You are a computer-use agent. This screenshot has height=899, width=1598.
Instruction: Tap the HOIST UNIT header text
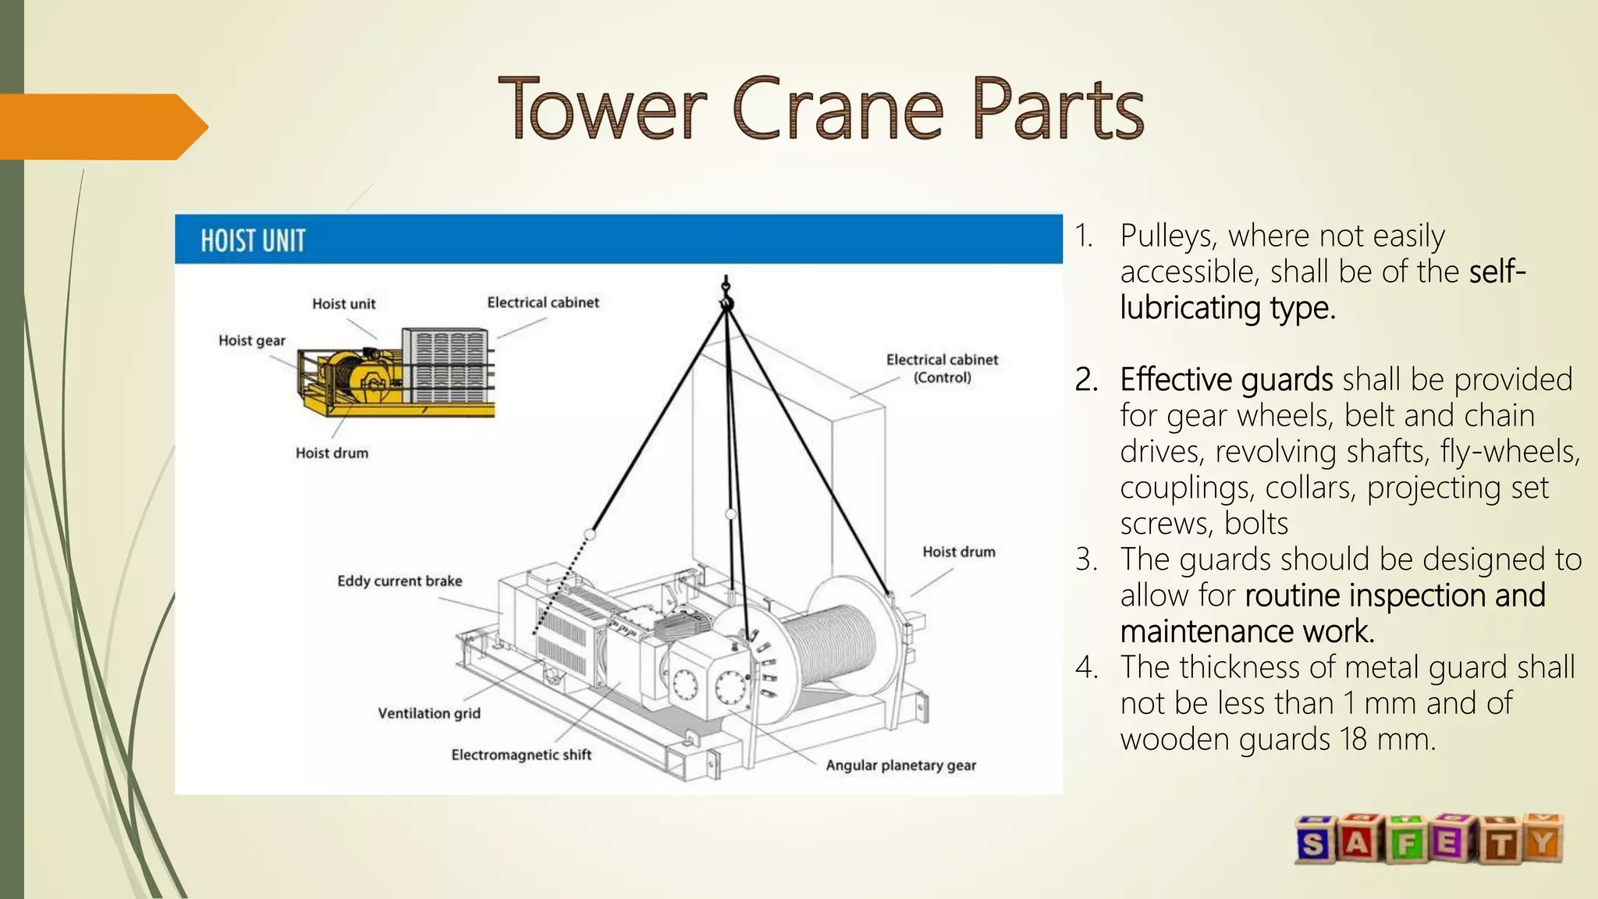click(253, 241)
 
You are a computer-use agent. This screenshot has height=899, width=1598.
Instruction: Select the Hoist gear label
click(251, 340)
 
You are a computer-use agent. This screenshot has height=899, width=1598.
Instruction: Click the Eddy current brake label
click(399, 581)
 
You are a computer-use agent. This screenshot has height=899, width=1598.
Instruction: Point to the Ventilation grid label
click(429, 713)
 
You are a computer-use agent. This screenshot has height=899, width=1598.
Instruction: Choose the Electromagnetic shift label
click(521, 755)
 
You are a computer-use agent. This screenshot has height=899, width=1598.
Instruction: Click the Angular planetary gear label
click(900, 766)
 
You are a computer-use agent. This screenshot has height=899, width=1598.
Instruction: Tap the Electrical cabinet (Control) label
click(942, 368)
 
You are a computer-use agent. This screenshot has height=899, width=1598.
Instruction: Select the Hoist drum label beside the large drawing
click(959, 552)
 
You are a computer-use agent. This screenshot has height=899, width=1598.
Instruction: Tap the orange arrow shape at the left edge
click(101, 126)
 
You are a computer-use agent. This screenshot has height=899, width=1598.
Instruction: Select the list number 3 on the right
click(1085, 560)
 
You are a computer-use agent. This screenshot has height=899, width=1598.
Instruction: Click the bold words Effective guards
click(1226, 380)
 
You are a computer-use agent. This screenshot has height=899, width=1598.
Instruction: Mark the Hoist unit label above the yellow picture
click(343, 304)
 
